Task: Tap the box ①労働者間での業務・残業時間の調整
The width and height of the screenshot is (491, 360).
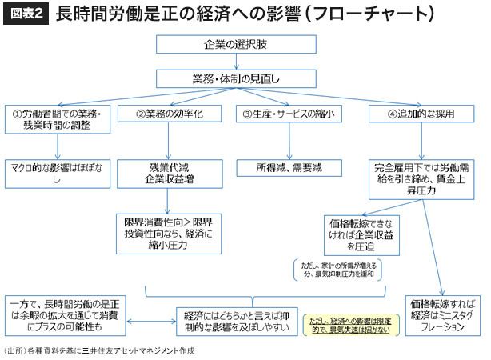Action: click(x=58, y=119)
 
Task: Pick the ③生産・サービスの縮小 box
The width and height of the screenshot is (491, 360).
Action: click(x=288, y=114)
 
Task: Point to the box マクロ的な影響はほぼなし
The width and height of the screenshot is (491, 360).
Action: click(x=58, y=174)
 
